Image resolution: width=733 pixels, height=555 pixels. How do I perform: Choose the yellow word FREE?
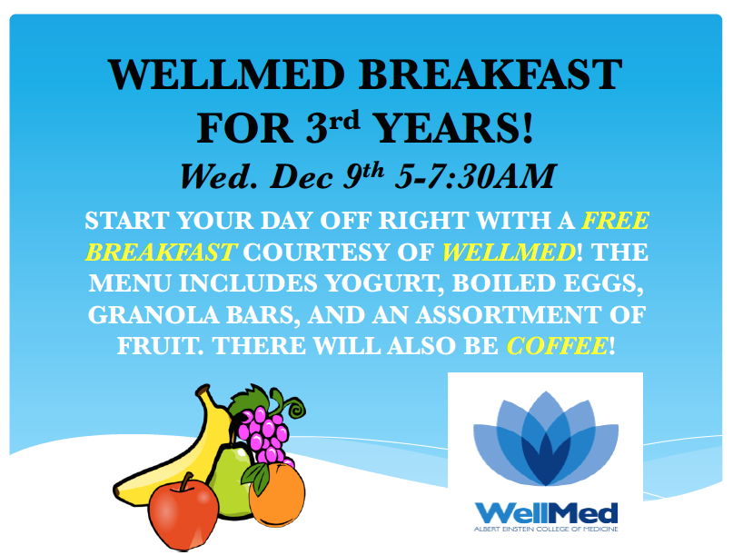coord(615,221)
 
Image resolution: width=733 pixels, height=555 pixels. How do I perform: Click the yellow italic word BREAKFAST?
coord(160,252)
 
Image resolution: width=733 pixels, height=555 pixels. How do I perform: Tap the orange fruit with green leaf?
coord(276,495)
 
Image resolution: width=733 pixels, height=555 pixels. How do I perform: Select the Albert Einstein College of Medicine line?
coord(545,529)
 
